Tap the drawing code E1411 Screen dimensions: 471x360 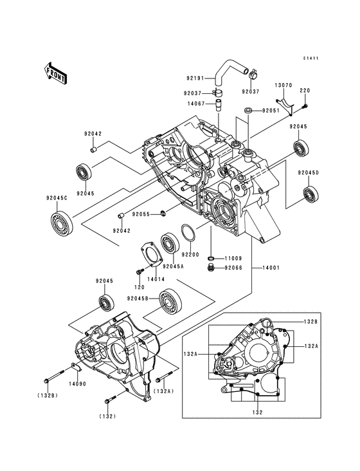311,59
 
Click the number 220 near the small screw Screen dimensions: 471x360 305,90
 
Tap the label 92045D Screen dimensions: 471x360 308,172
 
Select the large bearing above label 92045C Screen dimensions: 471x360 62,222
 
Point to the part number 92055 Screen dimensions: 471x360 142,214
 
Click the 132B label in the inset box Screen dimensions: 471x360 311,320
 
